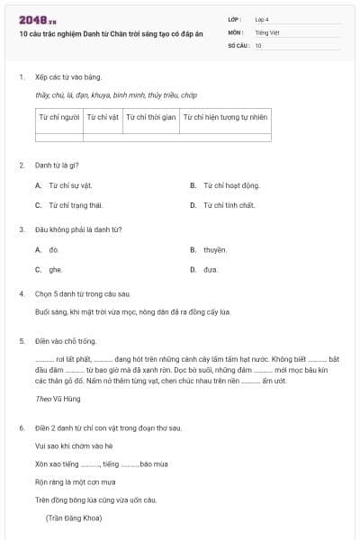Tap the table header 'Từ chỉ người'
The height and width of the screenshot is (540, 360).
58,117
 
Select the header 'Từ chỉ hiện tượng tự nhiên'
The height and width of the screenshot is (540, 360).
225,117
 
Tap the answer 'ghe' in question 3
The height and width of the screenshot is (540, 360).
55,269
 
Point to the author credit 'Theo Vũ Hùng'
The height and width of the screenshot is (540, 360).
56,398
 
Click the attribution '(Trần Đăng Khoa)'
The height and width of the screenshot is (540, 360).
74,517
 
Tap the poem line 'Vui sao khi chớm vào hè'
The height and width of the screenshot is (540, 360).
74,445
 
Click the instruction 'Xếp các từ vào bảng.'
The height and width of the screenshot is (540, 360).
66,78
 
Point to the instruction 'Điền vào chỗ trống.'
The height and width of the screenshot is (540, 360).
65,341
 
